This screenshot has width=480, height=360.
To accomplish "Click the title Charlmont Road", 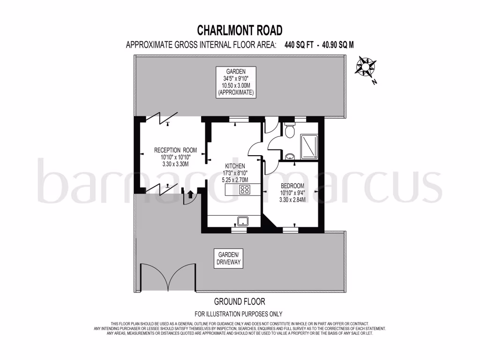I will pyautogui.click(x=240, y=30).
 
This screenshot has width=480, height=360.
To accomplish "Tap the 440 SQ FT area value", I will pyautogui.click(x=296, y=45).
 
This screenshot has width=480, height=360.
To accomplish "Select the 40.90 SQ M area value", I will pyautogui.click(x=336, y=45).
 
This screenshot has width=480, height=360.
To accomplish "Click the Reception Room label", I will pyautogui.click(x=175, y=150).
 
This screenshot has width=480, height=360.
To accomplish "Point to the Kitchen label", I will pyautogui.click(x=235, y=166).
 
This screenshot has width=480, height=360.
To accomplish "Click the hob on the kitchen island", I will pyautogui.click(x=244, y=190).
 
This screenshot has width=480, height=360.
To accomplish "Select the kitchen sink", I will pyautogui.click(x=243, y=221).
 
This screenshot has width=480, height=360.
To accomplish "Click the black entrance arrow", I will pyautogui.click(x=190, y=195).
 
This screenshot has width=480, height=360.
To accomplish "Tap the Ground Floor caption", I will pyautogui.click(x=239, y=301).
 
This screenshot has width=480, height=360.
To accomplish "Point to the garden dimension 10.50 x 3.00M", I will pyautogui.click(x=235, y=86).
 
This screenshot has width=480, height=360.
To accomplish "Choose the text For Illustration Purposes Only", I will pyautogui.click(x=239, y=314).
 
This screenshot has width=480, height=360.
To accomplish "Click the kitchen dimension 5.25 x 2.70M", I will pyautogui.click(x=235, y=180).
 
